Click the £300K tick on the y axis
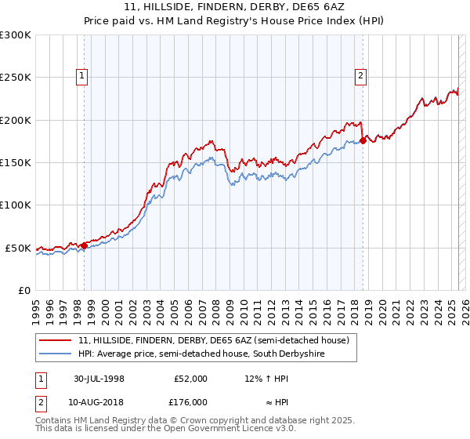point(16,35)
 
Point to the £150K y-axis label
point(16,162)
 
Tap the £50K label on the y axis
point(18,248)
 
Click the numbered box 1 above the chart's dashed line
point(82,76)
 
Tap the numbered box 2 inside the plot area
point(360,76)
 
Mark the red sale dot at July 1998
point(85,245)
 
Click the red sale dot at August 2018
point(363,141)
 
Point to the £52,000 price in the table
point(190,379)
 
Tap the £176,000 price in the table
point(190,402)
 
